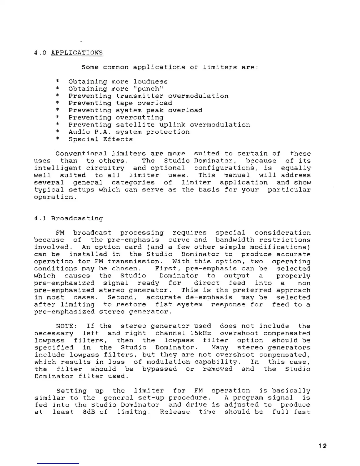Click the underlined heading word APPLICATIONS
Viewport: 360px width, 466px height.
77,53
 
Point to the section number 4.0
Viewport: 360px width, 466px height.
40,53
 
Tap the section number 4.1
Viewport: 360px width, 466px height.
40,218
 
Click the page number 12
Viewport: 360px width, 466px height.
322,446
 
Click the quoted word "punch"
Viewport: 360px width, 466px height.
148,89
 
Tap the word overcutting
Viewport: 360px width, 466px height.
139,117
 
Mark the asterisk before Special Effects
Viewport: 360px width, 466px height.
58,139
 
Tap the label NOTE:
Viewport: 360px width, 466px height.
66,326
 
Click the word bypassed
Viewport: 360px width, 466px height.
159,369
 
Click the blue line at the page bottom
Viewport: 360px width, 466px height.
58,464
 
